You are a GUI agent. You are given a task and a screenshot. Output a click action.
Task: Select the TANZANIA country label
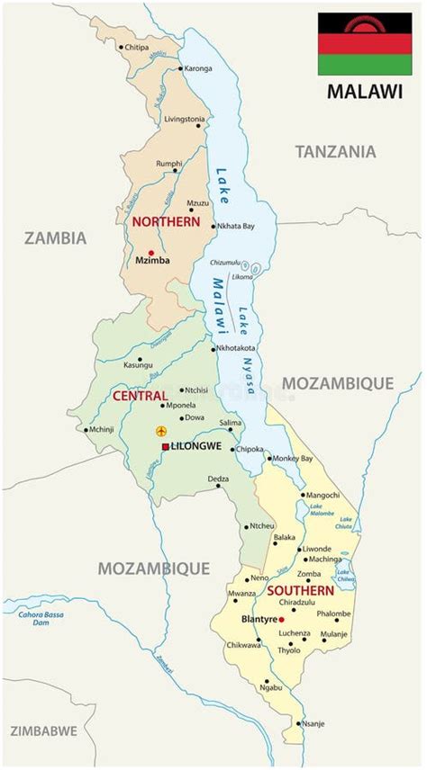tap(335, 152)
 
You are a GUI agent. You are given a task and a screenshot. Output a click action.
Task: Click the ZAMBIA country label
tap(55, 238)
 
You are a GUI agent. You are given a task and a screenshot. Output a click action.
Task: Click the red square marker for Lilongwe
tap(165, 446)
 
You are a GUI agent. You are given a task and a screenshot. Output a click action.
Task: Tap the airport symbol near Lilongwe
tap(161, 432)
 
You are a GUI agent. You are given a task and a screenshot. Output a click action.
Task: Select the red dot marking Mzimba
tap(151, 253)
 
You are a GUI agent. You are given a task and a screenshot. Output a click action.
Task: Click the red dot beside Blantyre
tap(281, 620)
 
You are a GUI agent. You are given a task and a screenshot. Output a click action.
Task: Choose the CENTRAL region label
tap(140, 396)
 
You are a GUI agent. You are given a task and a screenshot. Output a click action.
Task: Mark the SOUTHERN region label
tap(300, 591)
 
